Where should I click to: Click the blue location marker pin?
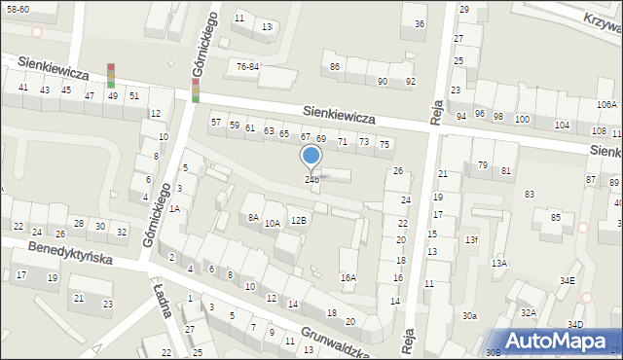point(311,156)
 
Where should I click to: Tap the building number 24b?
point(311,179)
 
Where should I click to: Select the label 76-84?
point(248,66)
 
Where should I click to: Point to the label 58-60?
point(17,8)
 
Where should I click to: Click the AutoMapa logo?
point(555,341)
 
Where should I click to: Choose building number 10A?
point(273,223)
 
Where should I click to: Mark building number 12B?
point(299,220)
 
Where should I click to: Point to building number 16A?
point(348,277)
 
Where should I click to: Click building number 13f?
point(471,239)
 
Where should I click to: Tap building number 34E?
point(567,281)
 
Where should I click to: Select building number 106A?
point(606,104)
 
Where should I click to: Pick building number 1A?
point(174,208)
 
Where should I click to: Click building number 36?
point(419,23)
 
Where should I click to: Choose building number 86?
point(335,66)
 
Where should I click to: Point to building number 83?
point(530,195)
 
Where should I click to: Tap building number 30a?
point(470,315)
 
